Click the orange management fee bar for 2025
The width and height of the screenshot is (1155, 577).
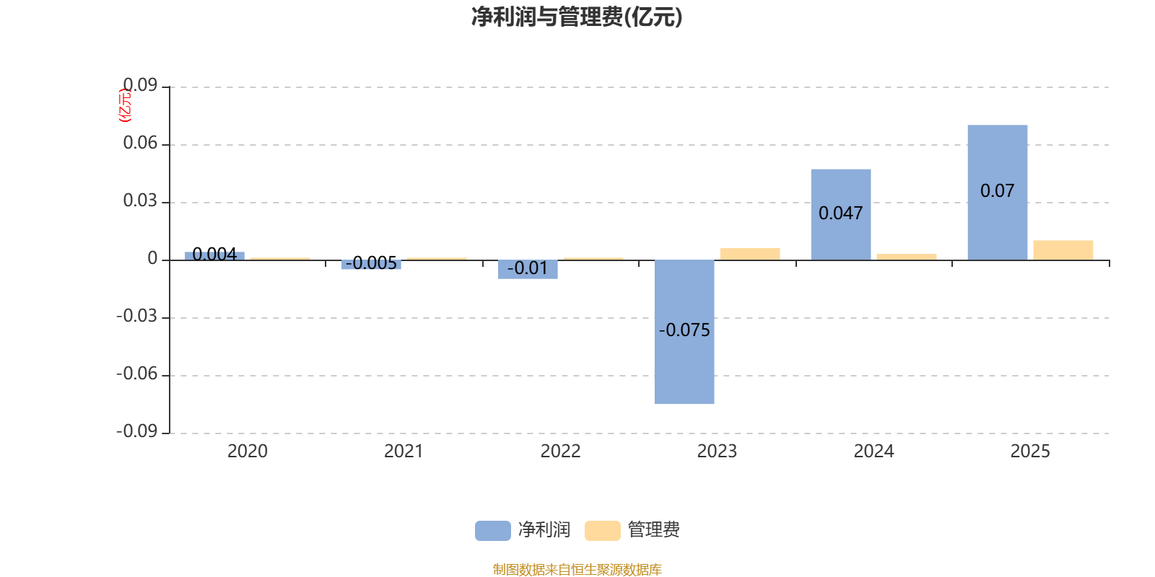coord(1063,250)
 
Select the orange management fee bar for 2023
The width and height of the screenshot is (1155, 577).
coord(749,254)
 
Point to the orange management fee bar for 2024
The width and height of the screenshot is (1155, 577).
coord(906,257)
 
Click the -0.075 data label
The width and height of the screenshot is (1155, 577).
coord(684,330)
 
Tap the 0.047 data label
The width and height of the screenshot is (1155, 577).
coord(840,213)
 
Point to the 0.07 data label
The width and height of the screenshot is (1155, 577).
coord(997,191)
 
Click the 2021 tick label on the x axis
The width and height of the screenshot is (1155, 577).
coord(404,452)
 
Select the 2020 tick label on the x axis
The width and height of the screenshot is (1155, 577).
coord(247,452)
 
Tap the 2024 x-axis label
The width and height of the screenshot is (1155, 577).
coord(873,452)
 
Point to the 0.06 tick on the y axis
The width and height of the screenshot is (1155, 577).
coord(140,144)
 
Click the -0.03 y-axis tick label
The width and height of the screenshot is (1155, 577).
coord(137,317)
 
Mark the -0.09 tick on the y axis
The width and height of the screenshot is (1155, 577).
coord(137,432)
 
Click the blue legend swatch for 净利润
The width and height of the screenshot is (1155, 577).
coord(492,530)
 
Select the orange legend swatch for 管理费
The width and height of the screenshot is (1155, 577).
coord(602,530)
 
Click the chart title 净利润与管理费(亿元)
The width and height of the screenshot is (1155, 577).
coord(577,17)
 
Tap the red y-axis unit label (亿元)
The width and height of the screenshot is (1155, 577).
coord(126,105)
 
